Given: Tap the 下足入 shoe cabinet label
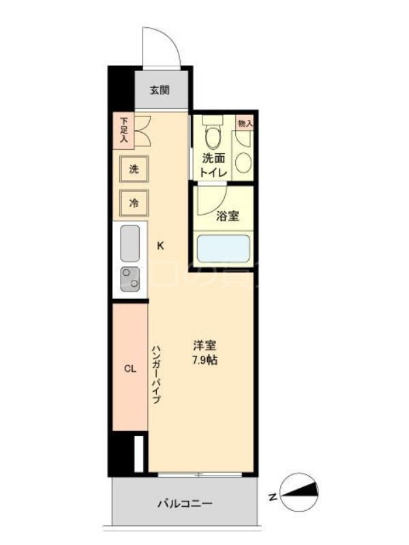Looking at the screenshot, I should point(124,129).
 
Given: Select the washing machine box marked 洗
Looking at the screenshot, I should point(134,169).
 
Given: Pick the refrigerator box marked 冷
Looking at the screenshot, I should point(134,202).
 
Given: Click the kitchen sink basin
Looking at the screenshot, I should point(130,243).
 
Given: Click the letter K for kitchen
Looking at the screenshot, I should point(161,246).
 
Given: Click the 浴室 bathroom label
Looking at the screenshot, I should point(227,217).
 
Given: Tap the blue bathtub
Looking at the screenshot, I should point(224,249).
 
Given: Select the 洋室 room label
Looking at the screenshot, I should point(204,345).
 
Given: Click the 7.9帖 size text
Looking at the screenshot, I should point(204,360).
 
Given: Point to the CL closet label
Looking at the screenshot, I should point(130,369).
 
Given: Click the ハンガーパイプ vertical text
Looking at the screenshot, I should point(156,374).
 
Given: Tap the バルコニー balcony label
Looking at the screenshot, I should point(184,503).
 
